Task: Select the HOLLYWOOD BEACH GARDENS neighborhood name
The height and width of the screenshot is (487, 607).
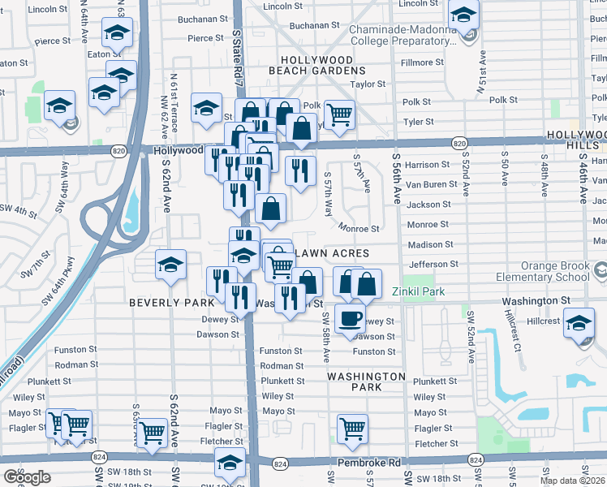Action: click(x=316, y=66)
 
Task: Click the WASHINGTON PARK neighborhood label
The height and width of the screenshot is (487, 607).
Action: click(x=366, y=381)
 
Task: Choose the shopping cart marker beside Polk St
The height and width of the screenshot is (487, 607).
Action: click(x=339, y=114)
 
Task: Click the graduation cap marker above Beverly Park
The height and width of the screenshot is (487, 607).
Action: click(x=170, y=265)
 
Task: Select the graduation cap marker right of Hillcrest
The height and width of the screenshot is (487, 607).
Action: click(x=579, y=324)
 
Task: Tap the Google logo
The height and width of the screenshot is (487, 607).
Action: click(x=26, y=477)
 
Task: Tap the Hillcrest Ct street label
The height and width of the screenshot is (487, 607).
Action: click(x=512, y=330)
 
